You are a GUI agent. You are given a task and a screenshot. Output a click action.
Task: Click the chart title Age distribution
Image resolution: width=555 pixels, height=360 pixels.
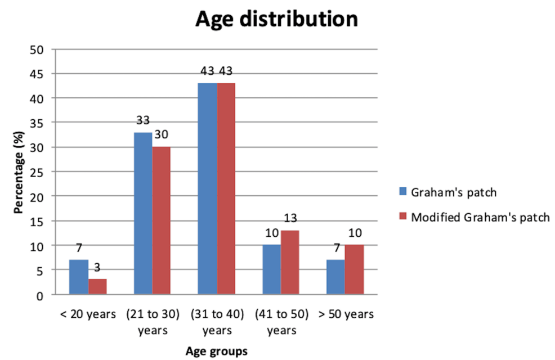(x=276, y=20)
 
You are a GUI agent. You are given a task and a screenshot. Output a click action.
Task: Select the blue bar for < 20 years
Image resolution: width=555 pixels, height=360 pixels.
(x=79, y=277)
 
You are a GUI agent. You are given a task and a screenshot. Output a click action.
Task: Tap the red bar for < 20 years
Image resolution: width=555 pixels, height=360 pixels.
(x=97, y=286)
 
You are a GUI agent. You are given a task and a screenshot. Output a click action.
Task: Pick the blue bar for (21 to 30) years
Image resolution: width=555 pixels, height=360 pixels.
(x=143, y=214)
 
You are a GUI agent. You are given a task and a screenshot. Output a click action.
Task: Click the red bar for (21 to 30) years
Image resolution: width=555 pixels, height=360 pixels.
(x=162, y=221)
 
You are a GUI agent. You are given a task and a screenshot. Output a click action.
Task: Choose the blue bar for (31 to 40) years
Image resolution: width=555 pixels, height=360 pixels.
(x=207, y=189)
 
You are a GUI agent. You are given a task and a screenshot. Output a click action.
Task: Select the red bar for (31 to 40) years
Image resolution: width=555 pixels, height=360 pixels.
(x=226, y=189)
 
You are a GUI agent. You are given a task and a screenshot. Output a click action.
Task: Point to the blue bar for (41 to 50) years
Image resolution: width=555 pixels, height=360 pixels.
(x=271, y=270)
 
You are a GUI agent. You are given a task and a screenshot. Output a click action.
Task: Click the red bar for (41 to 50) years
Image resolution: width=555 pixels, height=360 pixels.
(x=290, y=263)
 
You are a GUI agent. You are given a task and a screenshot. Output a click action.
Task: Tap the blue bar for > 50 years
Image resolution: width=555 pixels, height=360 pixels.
(x=335, y=277)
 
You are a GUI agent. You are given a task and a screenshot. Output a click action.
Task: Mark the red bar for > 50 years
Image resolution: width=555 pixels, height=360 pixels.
(x=355, y=270)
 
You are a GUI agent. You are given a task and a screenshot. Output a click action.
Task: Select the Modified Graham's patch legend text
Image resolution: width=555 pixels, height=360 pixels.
(x=480, y=217)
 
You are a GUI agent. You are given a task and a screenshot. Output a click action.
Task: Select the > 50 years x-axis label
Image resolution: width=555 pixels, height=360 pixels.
(x=344, y=314)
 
